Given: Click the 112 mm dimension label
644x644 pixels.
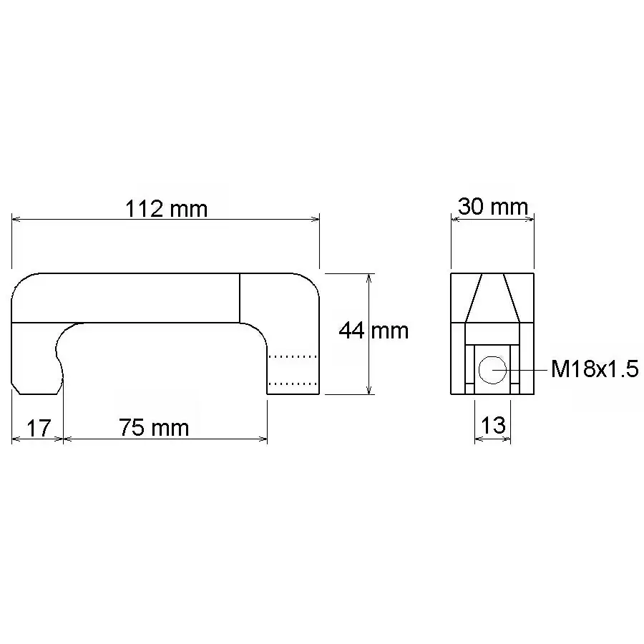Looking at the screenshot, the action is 166,209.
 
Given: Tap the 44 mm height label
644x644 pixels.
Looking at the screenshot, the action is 374,331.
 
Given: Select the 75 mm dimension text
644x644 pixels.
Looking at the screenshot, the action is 154,427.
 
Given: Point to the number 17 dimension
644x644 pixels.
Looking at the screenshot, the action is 38,428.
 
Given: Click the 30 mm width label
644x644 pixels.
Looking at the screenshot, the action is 493,207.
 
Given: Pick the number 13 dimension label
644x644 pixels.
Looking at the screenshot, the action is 492,425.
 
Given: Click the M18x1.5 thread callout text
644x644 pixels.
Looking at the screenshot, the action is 595,369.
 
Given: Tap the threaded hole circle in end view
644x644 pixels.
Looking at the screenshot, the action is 492,370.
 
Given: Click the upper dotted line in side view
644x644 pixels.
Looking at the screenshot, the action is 293,356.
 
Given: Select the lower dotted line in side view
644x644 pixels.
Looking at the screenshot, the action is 293,384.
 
